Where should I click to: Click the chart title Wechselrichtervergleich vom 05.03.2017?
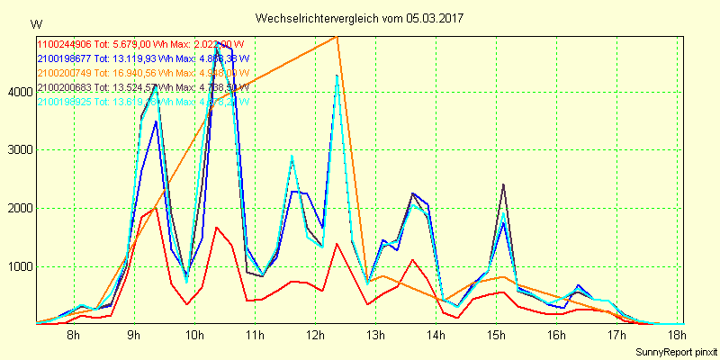(360, 18)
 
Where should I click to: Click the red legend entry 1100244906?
(64, 43)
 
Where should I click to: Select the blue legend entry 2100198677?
(64, 58)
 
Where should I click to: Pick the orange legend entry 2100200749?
(64, 73)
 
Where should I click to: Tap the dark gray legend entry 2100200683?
(64, 87)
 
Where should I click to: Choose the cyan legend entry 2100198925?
(64, 102)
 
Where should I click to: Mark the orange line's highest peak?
(337, 36)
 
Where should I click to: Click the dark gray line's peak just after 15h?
(503, 184)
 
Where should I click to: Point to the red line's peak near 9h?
(156, 208)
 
